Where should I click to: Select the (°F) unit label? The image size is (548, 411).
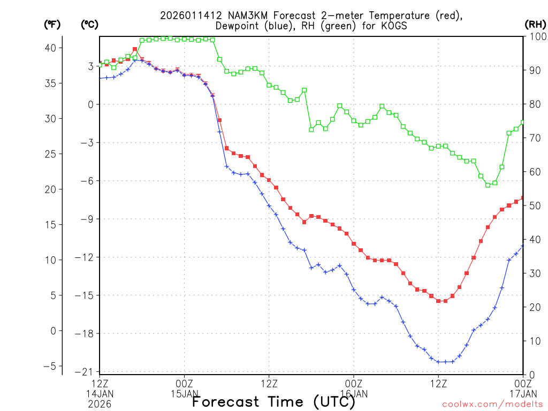pos(52,24)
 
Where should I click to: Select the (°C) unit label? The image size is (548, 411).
pos(89,24)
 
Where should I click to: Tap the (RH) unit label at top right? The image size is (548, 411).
pos(535,24)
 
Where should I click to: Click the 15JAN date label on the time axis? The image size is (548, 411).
pos(184,393)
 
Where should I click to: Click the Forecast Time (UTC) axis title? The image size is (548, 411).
pos(273,401)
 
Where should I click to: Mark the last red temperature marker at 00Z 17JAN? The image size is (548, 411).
pos(523,198)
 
